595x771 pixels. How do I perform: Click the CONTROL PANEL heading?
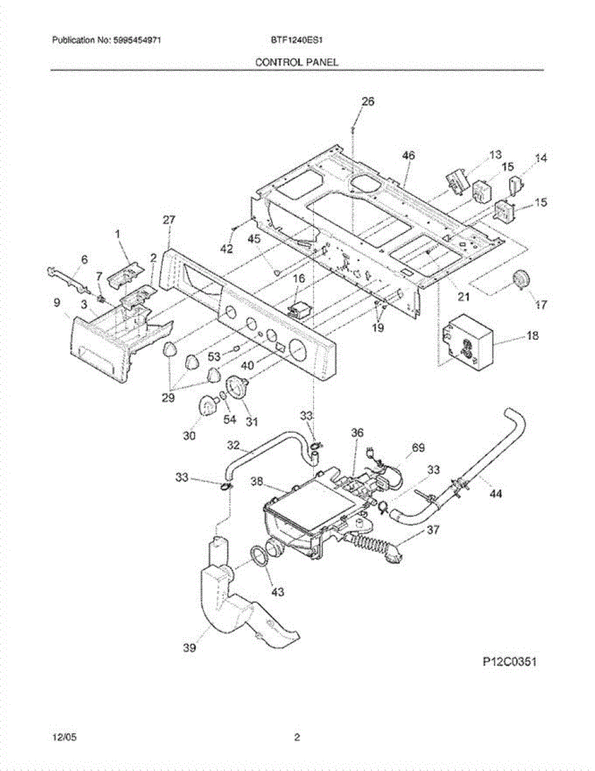[x=297, y=62]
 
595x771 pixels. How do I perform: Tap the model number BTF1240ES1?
[x=297, y=40]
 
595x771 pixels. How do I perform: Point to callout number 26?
[x=368, y=102]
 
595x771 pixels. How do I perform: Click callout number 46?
[x=408, y=155]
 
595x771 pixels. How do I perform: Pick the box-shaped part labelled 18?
[x=467, y=342]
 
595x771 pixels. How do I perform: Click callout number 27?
[x=168, y=220]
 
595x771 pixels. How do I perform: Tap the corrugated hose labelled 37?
[x=372, y=550]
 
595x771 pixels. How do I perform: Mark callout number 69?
[x=418, y=448]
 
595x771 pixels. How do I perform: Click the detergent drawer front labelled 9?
[x=96, y=350]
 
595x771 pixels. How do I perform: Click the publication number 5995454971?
[x=137, y=40]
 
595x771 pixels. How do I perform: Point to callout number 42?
[x=226, y=249]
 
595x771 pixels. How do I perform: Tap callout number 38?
[x=257, y=480]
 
